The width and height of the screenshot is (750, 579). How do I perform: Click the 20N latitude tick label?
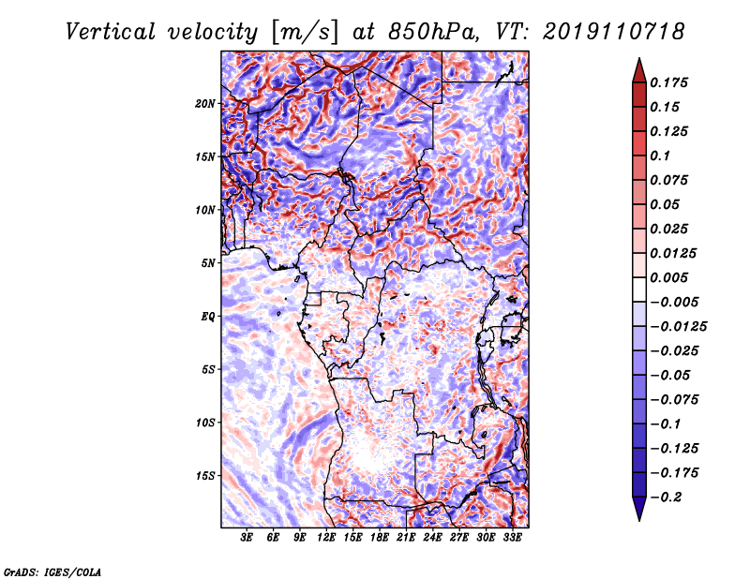(x=205, y=103)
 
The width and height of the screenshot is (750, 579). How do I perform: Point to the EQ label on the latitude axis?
(x=207, y=316)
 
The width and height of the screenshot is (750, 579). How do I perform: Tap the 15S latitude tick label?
(x=205, y=476)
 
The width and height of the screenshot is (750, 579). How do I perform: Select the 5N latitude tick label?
(x=208, y=263)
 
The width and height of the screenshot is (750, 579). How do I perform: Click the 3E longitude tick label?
(x=246, y=537)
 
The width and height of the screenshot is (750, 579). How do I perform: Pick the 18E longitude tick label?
(x=379, y=537)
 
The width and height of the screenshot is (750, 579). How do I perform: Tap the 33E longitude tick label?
(x=512, y=537)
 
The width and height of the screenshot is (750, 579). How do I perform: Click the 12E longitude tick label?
(x=325, y=537)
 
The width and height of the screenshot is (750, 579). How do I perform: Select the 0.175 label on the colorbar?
(x=668, y=82)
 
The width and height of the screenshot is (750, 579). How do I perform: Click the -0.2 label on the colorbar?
(x=666, y=497)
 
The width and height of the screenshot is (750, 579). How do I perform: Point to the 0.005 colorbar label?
(x=668, y=277)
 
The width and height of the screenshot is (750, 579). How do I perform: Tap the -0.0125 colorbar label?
(x=678, y=327)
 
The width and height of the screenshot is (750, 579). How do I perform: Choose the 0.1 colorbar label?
(x=660, y=156)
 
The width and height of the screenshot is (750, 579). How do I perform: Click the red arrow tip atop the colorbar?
(x=639, y=59)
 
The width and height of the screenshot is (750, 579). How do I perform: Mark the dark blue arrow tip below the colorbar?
(x=639, y=520)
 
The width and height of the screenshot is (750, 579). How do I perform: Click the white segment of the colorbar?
(x=639, y=289)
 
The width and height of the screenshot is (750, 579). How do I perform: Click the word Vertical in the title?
(x=111, y=32)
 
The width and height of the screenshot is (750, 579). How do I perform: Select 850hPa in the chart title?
(x=433, y=32)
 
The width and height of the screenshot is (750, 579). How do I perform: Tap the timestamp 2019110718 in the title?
(x=614, y=32)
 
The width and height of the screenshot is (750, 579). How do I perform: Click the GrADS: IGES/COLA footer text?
(x=52, y=572)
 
